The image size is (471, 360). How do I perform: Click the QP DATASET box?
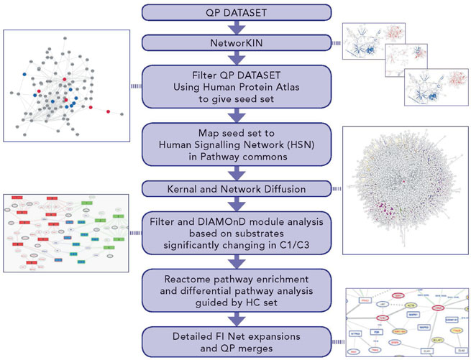coord(237,11)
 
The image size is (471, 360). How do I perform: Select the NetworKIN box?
coord(237,44)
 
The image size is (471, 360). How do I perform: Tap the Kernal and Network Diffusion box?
coord(237,188)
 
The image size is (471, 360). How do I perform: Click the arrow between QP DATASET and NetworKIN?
coord(237,27)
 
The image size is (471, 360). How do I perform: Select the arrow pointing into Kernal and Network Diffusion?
coord(237,175)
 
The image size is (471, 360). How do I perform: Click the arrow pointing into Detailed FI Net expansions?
coord(237,318)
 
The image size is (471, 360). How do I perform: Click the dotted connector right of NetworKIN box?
coord(336,44)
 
